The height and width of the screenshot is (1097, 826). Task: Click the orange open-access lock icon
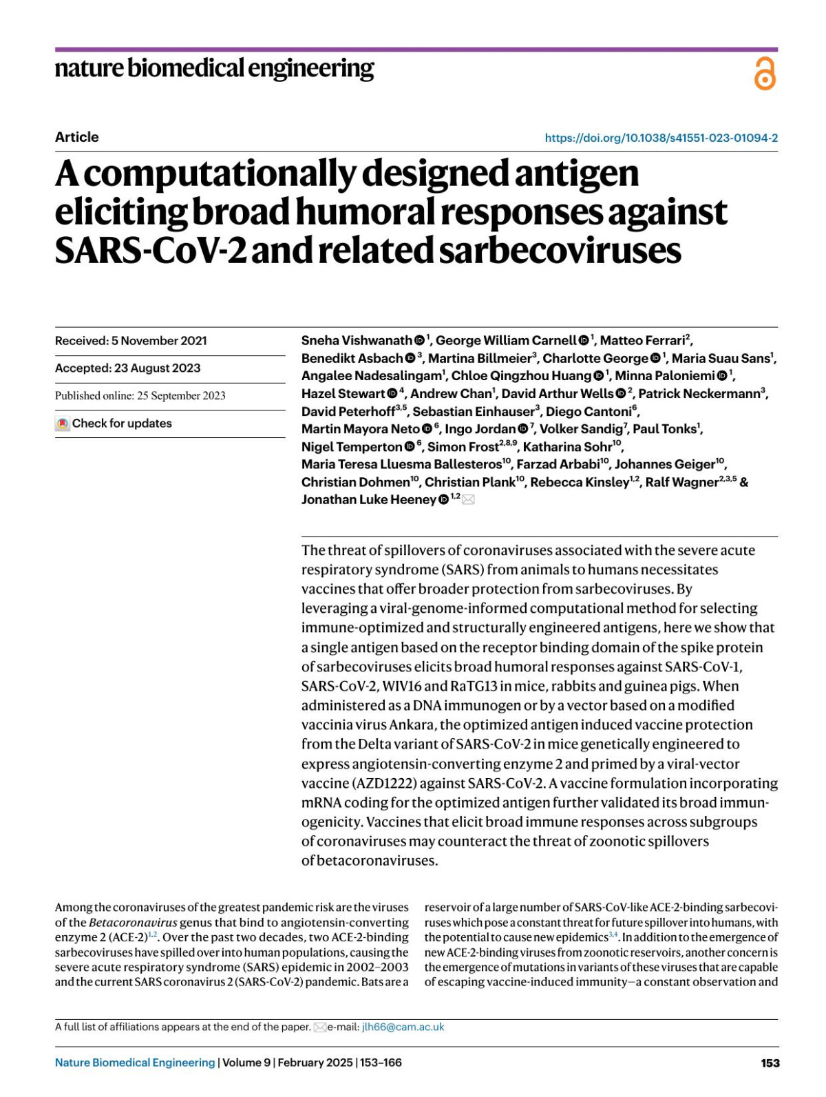coord(765,74)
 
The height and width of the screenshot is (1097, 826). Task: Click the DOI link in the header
coord(661,138)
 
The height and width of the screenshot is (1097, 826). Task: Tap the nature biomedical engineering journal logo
coord(214,68)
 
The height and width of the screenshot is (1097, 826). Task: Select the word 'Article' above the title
coord(77,137)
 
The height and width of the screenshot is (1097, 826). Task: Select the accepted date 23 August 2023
coord(157,368)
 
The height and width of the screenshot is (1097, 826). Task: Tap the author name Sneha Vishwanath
coord(357,340)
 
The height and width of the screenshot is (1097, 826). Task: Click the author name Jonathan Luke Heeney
coord(368,500)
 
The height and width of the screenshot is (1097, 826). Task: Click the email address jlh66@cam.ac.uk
coord(403,1027)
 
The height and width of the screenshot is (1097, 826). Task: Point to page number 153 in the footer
coord(770,1063)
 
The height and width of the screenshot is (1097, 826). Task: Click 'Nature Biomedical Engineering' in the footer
coord(135,1063)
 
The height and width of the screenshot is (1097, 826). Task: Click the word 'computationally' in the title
coord(219,174)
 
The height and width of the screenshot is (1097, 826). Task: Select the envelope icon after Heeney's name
coord(469,500)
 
